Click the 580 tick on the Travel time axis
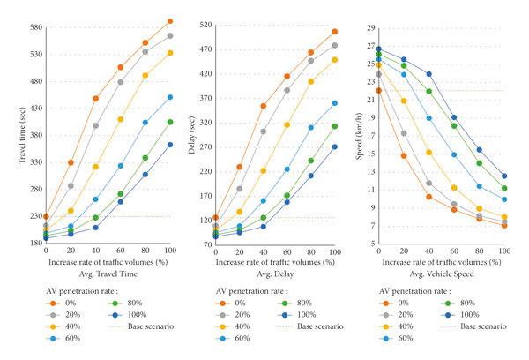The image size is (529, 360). click(x=28, y=27)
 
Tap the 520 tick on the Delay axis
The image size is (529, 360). click(x=202, y=25)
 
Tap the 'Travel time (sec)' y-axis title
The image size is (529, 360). click(x=11, y=131)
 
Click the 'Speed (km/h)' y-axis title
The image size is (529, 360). click(x=354, y=133)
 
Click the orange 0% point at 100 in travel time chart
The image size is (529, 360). click(x=170, y=21)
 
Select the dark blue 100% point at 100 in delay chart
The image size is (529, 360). click(x=335, y=146)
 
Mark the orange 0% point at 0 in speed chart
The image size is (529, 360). click(x=378, y=90)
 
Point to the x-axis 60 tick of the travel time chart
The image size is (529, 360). click(x=120, y=251)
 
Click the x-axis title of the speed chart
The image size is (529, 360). click(x=440, y=261)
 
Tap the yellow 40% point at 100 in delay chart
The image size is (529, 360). click(x=335, y=59)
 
